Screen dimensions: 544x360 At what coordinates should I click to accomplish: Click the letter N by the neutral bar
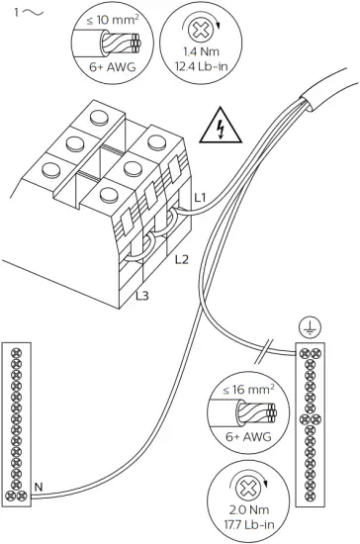tap(37, 486)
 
